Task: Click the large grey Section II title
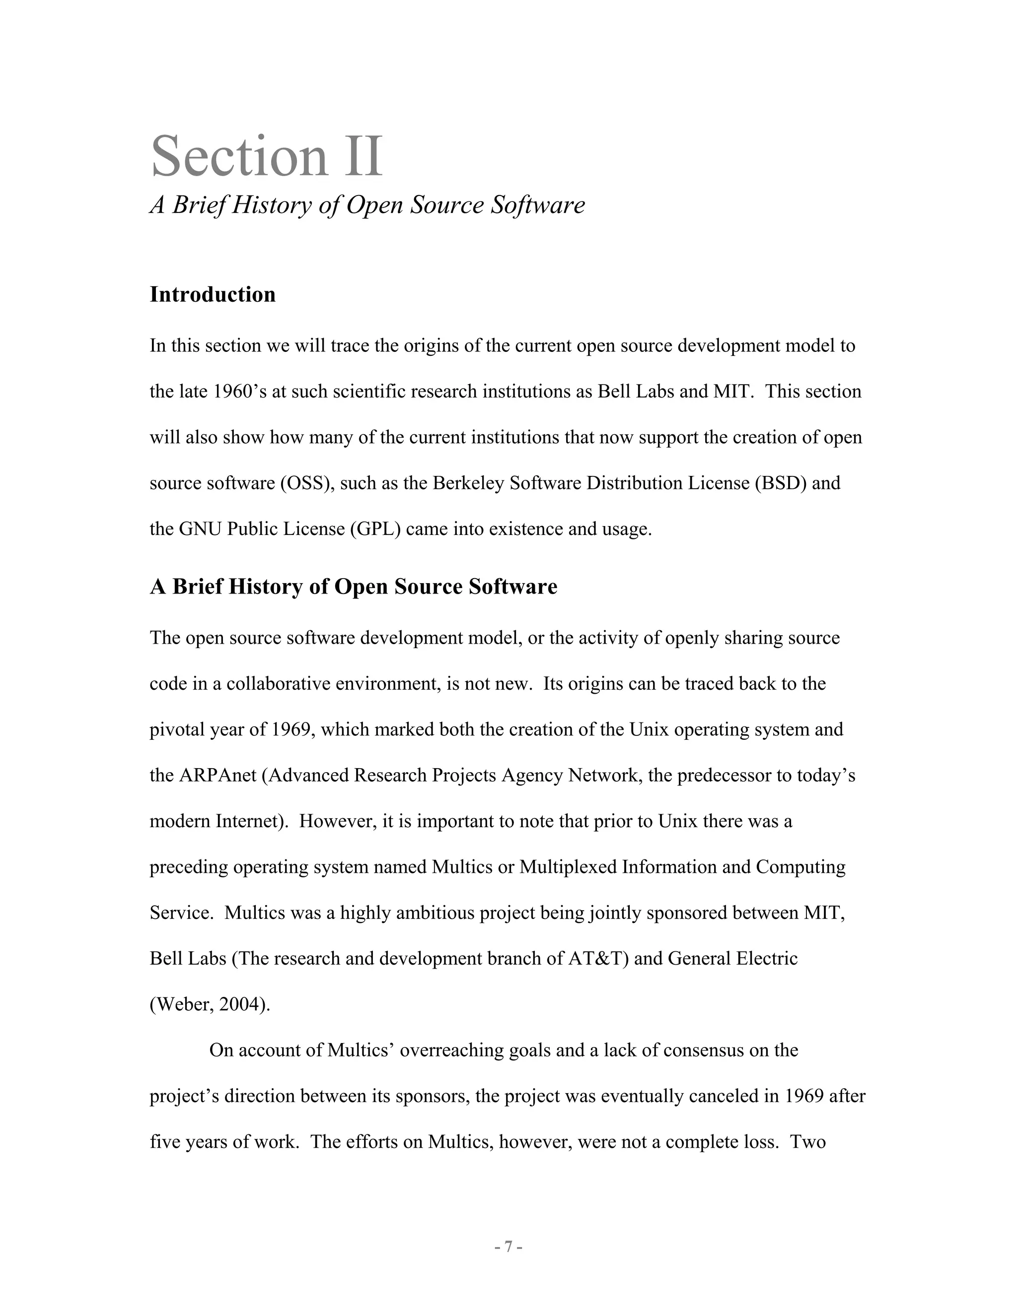pyautogui.click(x=266, y=156)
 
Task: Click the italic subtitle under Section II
pyautogui.click(x=367, y=205)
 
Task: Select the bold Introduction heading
pyautogui.click(x=213, y=294)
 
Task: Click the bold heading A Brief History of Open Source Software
pyautogui.click(x=353, y=586)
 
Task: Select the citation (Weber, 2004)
pyautogui.click(x=210, y=1004)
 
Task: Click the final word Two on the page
pyautogui.click(x=807, y=1142)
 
